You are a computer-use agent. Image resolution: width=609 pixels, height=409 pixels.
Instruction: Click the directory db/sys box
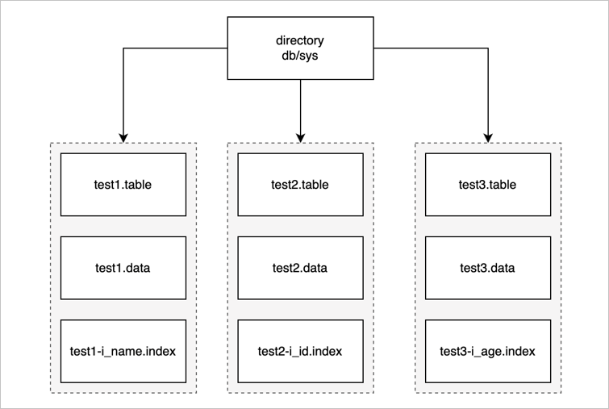pos(300,48)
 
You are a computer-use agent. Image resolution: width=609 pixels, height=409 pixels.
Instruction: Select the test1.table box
pos(123,184)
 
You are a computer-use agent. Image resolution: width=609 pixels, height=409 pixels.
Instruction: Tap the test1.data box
pos(123,268)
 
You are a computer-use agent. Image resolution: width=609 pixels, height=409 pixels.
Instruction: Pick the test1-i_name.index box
pos(123,352)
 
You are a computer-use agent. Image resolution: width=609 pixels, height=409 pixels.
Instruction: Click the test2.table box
pos(300,184)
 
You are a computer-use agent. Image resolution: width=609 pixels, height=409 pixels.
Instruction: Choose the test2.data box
pos(300,268)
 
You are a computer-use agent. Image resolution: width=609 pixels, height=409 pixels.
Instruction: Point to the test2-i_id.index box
pos(300,352)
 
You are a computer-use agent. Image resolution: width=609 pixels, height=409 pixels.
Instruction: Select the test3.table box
pos(488,184)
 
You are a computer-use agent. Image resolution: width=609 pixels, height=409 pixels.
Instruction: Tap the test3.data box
pos(488,268)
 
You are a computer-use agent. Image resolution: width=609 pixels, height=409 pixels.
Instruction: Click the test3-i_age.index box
pos(488,352)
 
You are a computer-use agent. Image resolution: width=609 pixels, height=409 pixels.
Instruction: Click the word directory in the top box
pos(300,40)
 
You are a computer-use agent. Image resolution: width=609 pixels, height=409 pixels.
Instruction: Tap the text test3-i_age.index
pos(488,352)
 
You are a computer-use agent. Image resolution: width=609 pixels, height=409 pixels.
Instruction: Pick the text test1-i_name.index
pos(123,352)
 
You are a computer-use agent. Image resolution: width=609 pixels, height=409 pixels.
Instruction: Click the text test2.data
pos(300,268)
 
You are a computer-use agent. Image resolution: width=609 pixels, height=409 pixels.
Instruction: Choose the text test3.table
pos(488,184)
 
